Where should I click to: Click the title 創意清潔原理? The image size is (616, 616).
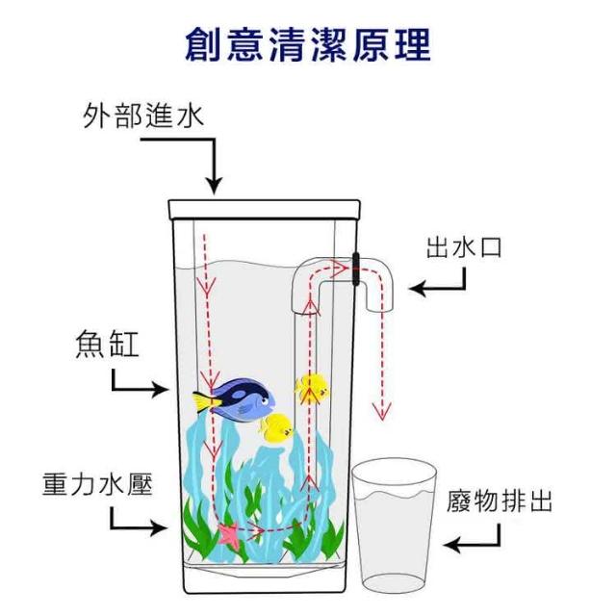pos(308,45)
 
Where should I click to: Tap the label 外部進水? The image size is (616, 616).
pos(143,115)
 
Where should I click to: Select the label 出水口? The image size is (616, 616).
pos(464,248)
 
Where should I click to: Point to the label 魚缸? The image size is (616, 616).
pos(107,345)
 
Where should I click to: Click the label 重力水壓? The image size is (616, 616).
pos(97,484)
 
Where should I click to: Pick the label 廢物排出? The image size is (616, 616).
pos(499,500)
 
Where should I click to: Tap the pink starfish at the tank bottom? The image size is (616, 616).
pos(229,535)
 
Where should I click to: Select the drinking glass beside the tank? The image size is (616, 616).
pos(394,526)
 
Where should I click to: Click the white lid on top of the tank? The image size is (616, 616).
pos(264,210)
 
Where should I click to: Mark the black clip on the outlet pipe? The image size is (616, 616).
pos(356,269)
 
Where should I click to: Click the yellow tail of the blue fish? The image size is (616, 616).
pos(205,402)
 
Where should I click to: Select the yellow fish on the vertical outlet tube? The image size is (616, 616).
pos(312,389)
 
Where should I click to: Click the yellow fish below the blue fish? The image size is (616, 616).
pos(276,428)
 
